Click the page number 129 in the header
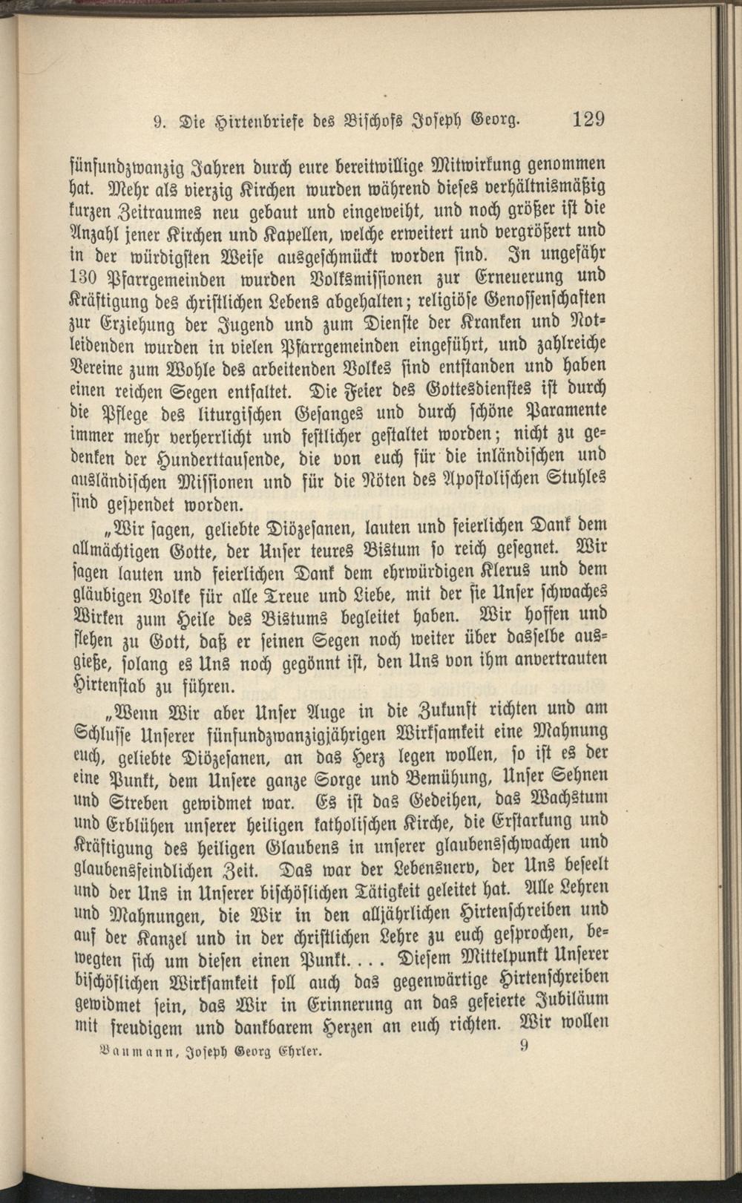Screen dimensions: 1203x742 [588, 119]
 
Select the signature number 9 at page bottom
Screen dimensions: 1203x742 [525, 1047]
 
